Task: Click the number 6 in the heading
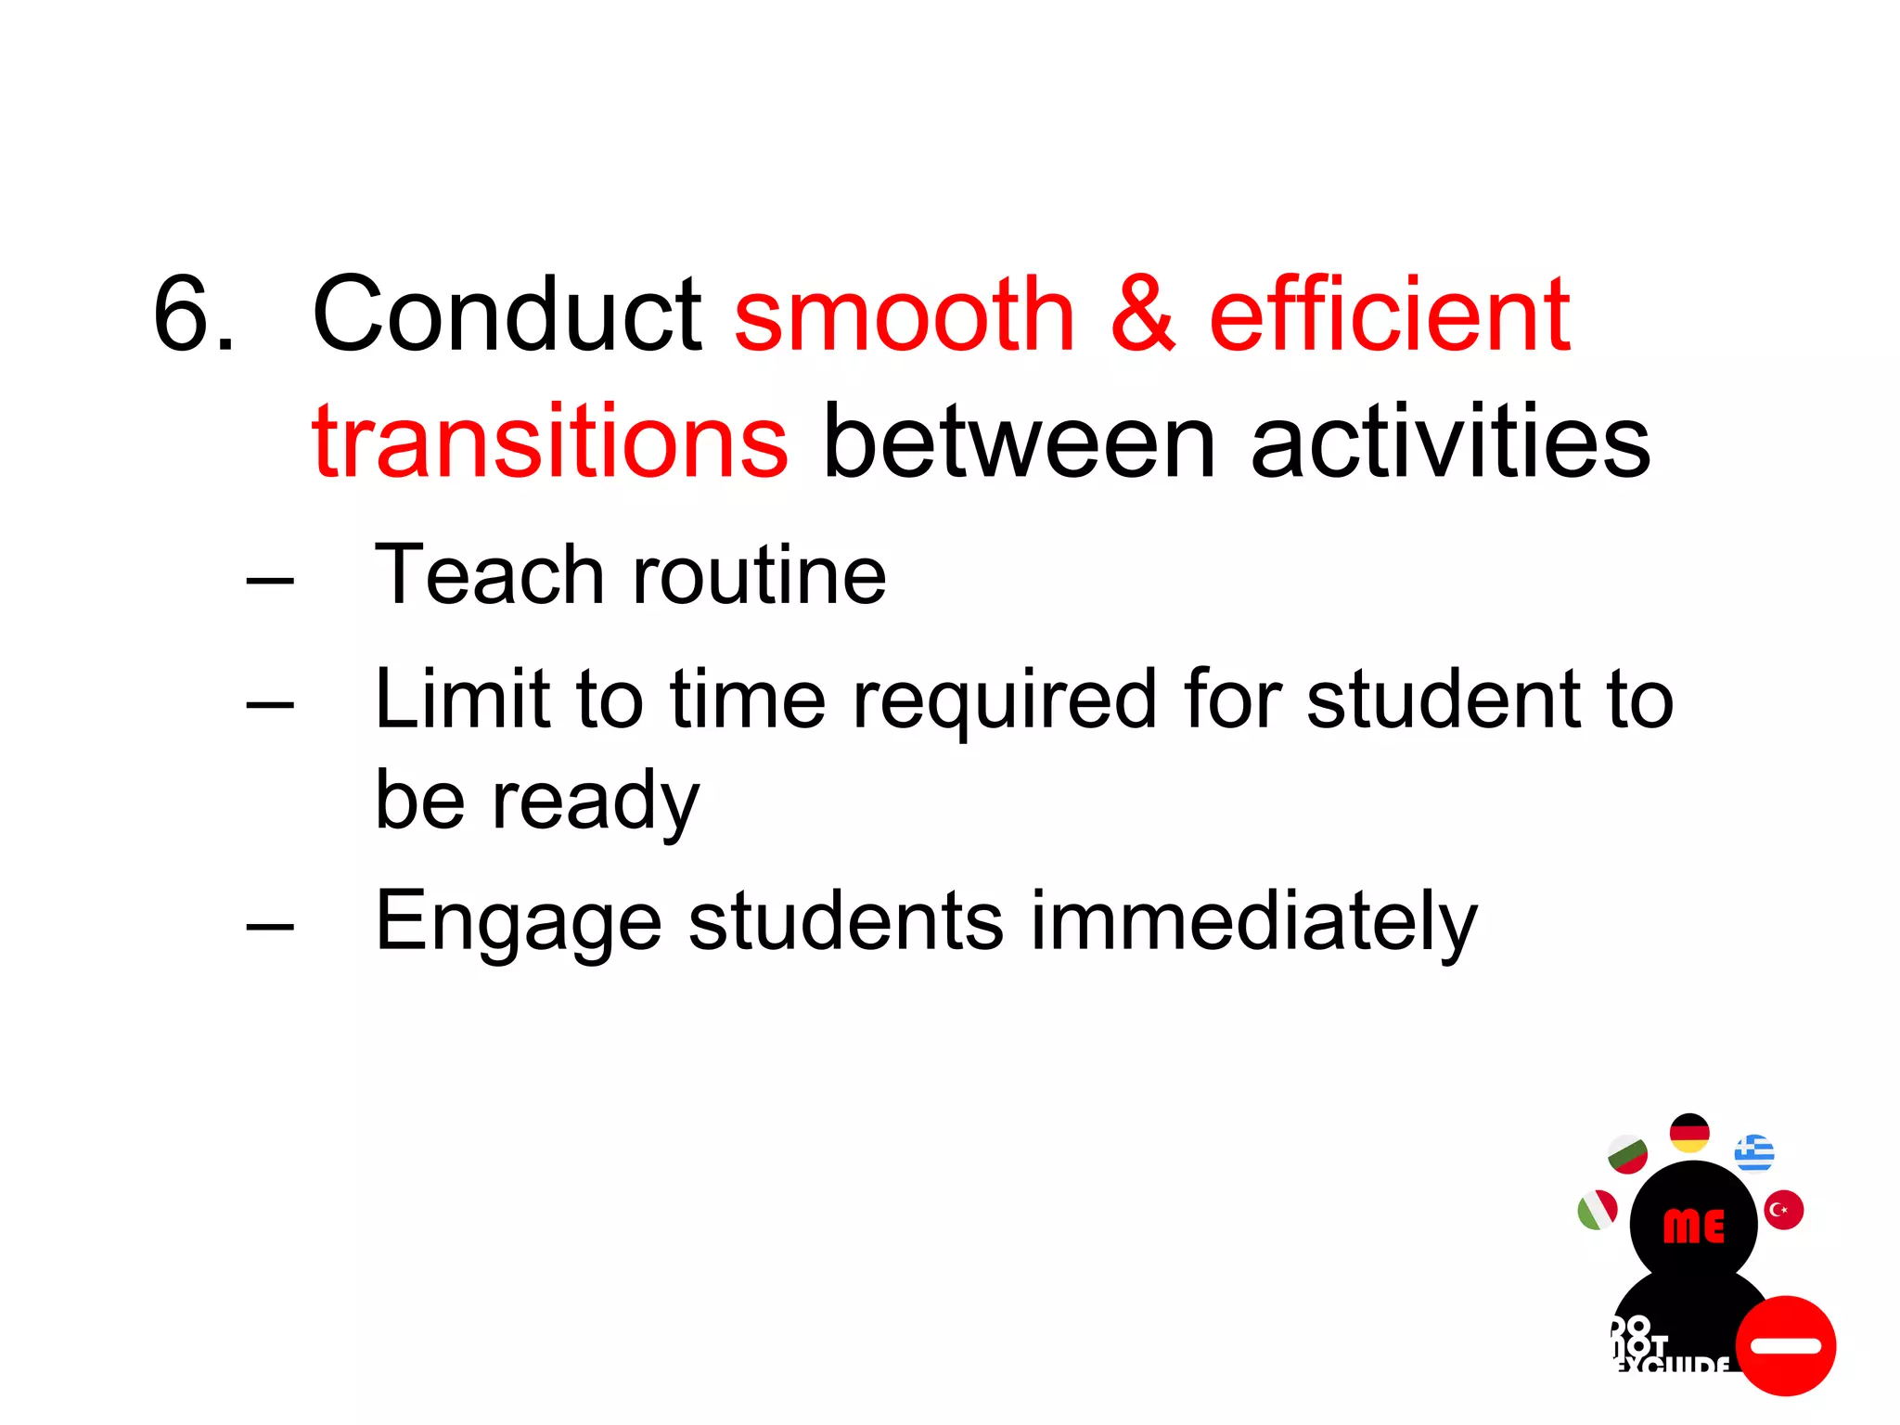(183, 315)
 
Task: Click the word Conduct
(507, 315)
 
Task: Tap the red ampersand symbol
(1143, 315)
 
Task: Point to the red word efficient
(1389, 315)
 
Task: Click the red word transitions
(550, 443)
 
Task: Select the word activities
(1450, 443)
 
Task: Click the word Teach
(489, 575)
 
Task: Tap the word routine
(759, 575)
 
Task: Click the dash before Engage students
(270, 925)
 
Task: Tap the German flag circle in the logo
(1689, 1133)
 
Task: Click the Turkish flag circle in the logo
(1783, 1210)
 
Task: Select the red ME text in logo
(1693, 1226)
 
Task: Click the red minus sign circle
(1786, 1345)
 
